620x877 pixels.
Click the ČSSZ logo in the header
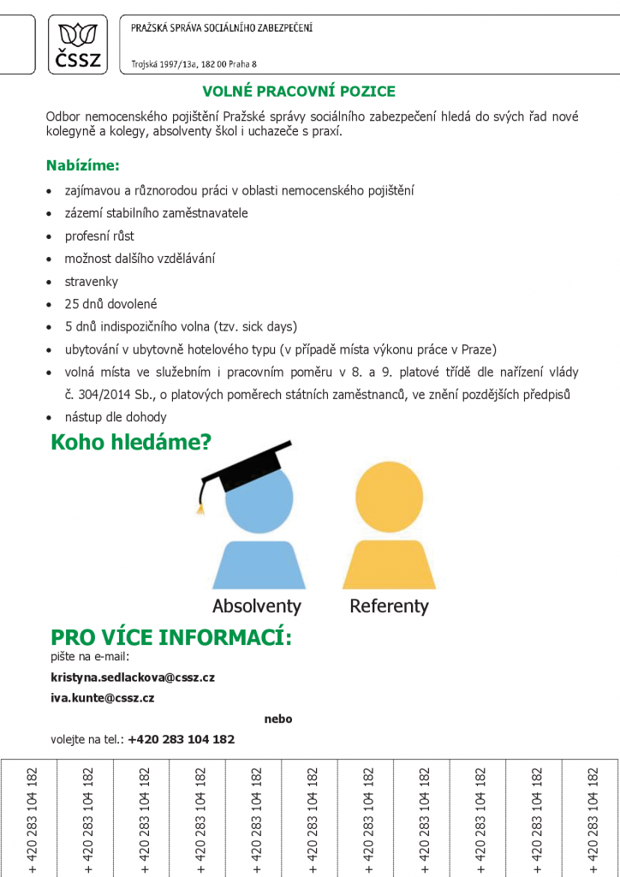(79, 45)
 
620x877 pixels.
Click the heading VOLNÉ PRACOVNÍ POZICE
(298, 92)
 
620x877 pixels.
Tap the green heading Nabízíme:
(82, 164)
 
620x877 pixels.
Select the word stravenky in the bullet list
(92, 282)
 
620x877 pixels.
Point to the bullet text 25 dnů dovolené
(111, 304)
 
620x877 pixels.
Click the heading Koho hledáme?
(131, 443)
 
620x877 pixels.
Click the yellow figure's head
(389, 498)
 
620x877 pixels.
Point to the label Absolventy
(257, 606)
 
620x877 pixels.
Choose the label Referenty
(389, 606)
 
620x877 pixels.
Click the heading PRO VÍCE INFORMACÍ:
(171, 638)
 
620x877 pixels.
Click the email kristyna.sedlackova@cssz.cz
(133, 677)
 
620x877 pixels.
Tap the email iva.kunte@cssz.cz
(103, 698)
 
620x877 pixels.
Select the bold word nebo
(278, 719)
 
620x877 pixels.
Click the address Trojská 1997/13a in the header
(162, 64)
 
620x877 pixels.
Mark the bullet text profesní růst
(99, 236)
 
